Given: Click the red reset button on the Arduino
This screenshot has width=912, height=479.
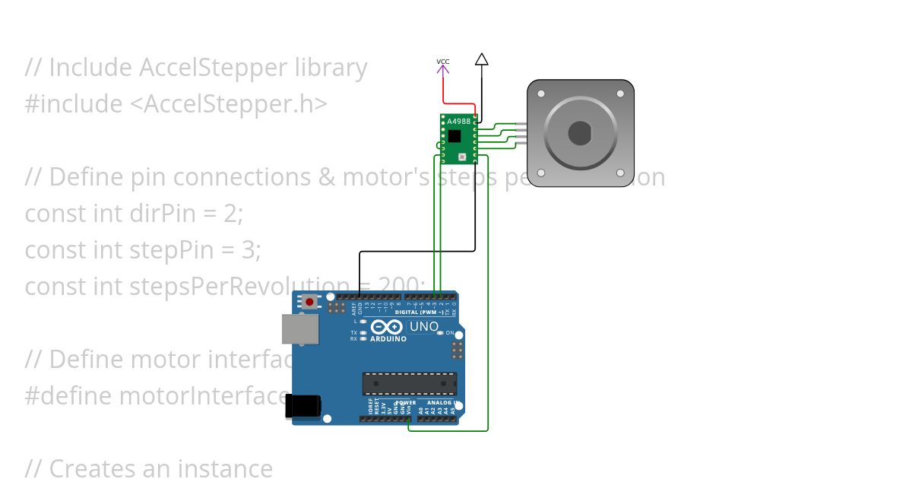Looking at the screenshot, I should pos(309,303).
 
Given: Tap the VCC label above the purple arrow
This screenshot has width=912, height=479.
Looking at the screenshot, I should pos(442,61).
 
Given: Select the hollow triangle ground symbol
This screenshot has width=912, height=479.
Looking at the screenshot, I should pos(481,59).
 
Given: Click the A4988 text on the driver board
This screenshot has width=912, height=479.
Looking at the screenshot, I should pos(458,122).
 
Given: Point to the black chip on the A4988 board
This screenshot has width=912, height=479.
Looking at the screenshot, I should pos(454,136).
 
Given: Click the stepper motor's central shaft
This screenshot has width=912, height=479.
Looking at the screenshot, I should pos(581,133).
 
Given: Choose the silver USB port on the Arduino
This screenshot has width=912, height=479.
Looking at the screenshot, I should pos(300,329).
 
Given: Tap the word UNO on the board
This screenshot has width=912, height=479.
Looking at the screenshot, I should pos(424,327).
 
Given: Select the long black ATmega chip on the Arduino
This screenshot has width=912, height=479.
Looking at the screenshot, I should pos(410,384).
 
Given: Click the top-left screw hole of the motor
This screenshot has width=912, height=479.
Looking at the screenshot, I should pos(541,94).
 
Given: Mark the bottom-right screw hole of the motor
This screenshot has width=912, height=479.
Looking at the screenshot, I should pos(621,173).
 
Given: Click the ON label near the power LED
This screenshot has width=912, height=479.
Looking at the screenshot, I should pos(449,334).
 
